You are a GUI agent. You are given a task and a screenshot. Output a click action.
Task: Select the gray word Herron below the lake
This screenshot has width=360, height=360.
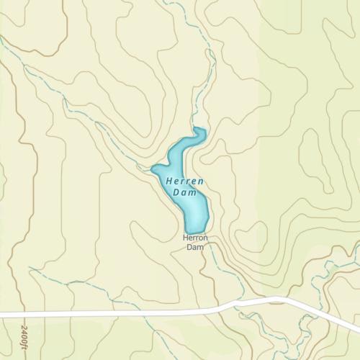point(195,238)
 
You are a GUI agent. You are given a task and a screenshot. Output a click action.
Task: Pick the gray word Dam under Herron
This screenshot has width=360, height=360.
point(195,247)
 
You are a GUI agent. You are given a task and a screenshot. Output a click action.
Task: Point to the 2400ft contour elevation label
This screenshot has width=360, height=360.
point(24,336)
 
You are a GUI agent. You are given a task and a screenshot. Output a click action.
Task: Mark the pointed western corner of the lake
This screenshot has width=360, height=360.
point(153,170)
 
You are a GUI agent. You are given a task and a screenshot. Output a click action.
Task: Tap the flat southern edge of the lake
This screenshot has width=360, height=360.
point(195,231)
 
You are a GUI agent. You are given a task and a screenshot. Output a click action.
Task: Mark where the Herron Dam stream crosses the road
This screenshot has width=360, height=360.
point(217,308)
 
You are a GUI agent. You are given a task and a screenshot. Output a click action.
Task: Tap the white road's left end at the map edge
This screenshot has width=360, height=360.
point(2,315)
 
